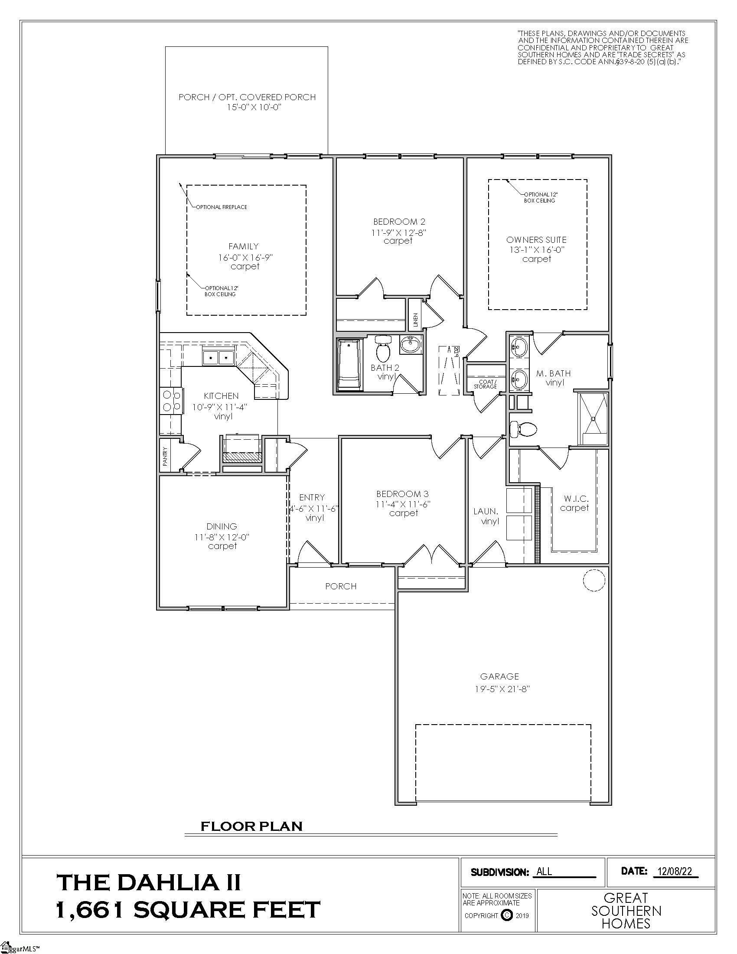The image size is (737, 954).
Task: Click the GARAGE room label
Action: coord(499,676)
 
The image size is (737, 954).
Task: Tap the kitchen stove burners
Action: coord(171,401)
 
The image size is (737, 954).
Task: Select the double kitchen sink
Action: coord(219,358)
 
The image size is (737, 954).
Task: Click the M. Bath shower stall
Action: coord(593,418)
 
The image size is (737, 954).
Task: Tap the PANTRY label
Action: coord(165,456)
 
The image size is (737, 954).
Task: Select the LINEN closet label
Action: coord(415,320)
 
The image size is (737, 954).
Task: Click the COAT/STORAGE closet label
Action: coord(485,384)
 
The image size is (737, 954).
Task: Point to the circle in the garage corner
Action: coord(594,580)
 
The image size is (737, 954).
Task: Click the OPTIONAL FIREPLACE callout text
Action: coord(222,207)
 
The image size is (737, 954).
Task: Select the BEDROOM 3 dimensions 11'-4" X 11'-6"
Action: coord(403,503)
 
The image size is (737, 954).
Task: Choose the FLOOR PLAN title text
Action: coord(251,826)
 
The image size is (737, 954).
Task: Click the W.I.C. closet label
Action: coord(576,498)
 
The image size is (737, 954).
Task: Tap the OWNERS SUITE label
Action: coord(536,240)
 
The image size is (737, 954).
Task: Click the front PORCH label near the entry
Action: coord(341,586)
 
